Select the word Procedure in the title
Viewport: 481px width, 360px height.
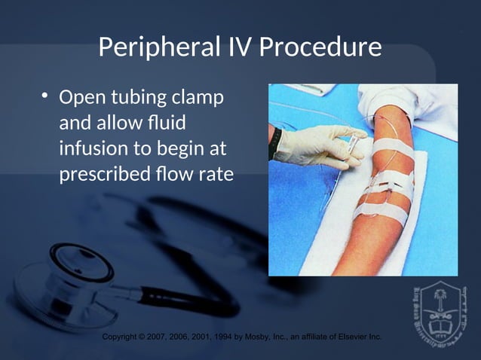(x=320, y=49)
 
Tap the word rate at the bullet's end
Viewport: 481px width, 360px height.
(x=214, y=173)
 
